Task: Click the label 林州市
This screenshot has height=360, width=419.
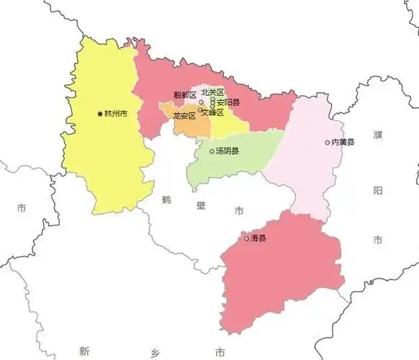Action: (x=116, y=114)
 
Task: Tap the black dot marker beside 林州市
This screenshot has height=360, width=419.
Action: (x=100, y=114)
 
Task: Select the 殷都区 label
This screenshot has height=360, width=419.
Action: (x=185, y=95)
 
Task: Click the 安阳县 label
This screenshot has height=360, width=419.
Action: (x=228, y=102)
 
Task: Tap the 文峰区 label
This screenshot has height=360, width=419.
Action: (x=212, y=112)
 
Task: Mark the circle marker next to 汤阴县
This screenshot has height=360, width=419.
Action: (x=212, y=151)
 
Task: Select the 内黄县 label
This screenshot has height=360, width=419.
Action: (x=343, y=143)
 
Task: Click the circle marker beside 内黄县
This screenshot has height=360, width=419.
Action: (x=327, y=143)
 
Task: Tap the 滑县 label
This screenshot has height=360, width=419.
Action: (x=258, y=238)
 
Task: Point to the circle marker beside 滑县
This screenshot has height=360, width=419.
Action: (x=246, y=238)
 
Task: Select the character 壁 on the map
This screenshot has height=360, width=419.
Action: (x=202, y=205)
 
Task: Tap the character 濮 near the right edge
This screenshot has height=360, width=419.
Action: (x=379, y=135)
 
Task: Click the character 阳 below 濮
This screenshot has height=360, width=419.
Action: (x=379, y=190)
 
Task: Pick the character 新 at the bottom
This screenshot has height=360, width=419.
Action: (x=85, y=351)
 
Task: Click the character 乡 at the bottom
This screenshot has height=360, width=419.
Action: (x=152, y=351)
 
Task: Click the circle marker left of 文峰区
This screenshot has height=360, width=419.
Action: (x=199, y=110)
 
